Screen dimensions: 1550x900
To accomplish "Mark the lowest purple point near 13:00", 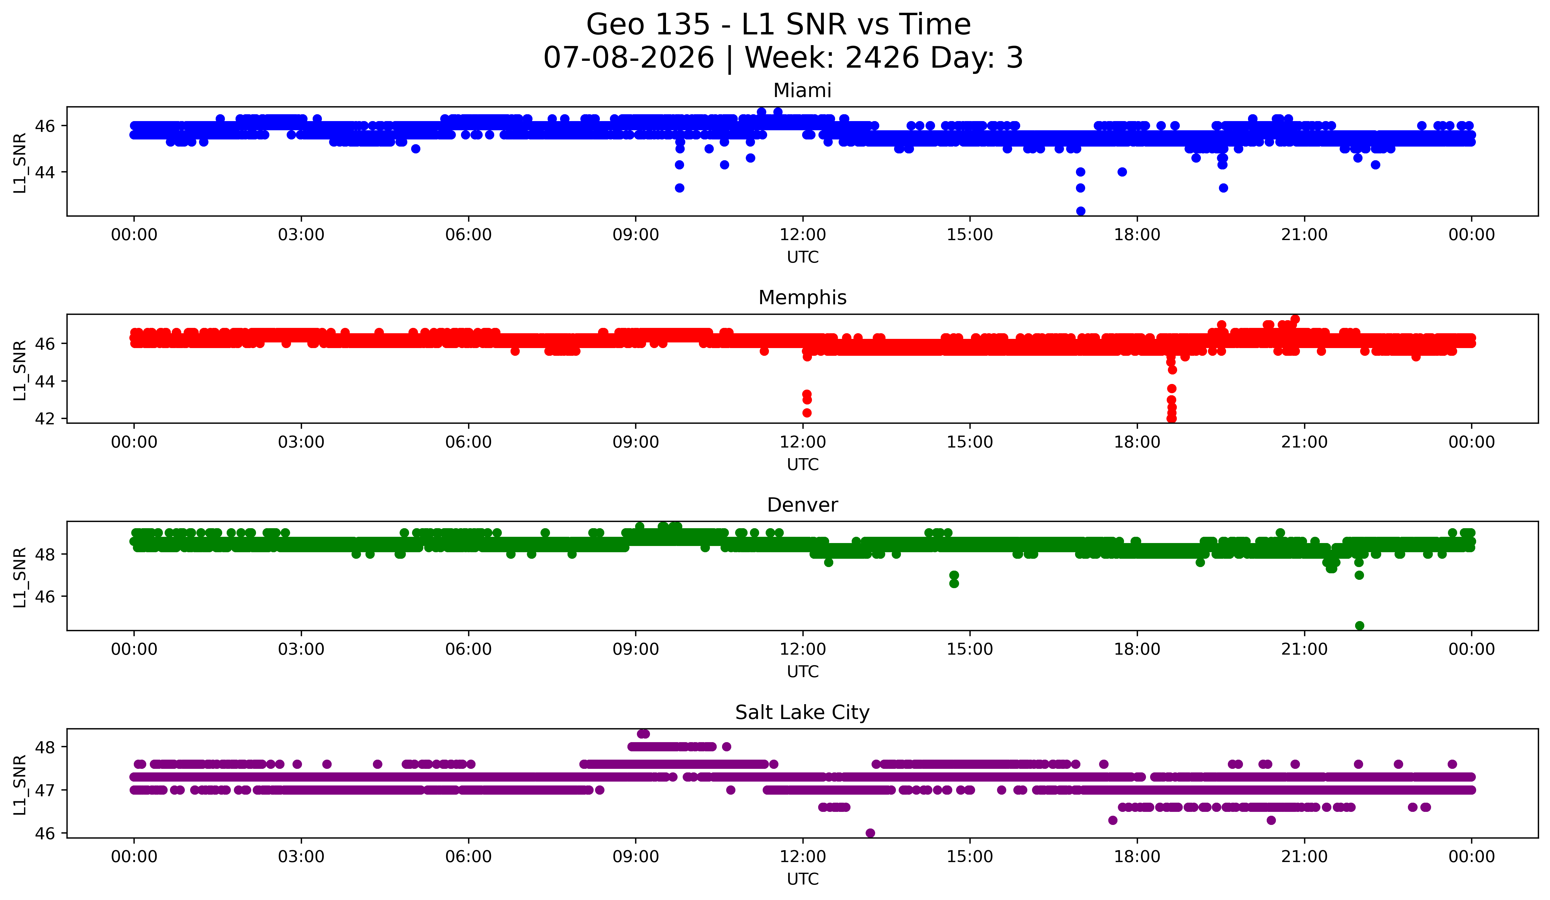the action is point(870,833).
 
